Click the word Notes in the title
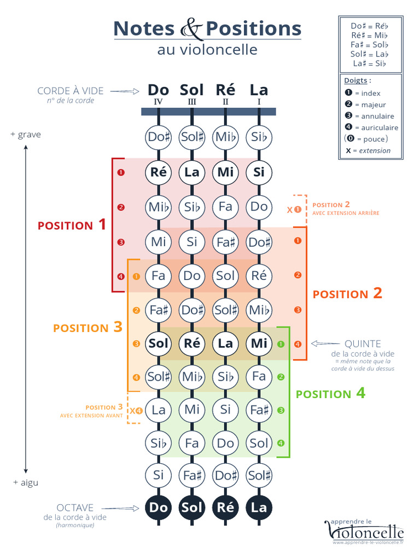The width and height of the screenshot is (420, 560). click(x=144, y=28)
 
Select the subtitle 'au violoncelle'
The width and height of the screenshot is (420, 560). click(x=207, y=49)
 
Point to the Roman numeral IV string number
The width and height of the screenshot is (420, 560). click(x=158, y=102)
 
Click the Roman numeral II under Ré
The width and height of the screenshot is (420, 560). click(x=225, y=102)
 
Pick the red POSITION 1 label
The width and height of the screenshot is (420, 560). click(x=72, y=224)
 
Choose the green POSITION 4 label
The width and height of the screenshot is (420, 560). click(x=330, y=394)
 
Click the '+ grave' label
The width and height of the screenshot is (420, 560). click(x=26, y=135)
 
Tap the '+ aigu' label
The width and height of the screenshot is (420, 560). click(x=26, y=482)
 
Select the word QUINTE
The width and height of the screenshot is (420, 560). click(x=363, y=344)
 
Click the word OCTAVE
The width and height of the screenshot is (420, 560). click(x=75, y=508)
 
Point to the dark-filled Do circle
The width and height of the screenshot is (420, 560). click(x=159, y=507)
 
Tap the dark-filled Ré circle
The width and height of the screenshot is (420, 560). click(x=225, y=507)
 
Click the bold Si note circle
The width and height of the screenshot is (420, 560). click(x=259, y=172)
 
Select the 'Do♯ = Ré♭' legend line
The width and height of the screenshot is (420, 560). click(x=370, y=26)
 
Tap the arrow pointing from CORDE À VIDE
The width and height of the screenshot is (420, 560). click(x=129, y=91)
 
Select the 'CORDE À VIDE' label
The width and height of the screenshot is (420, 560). click(x=70, y=91)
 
